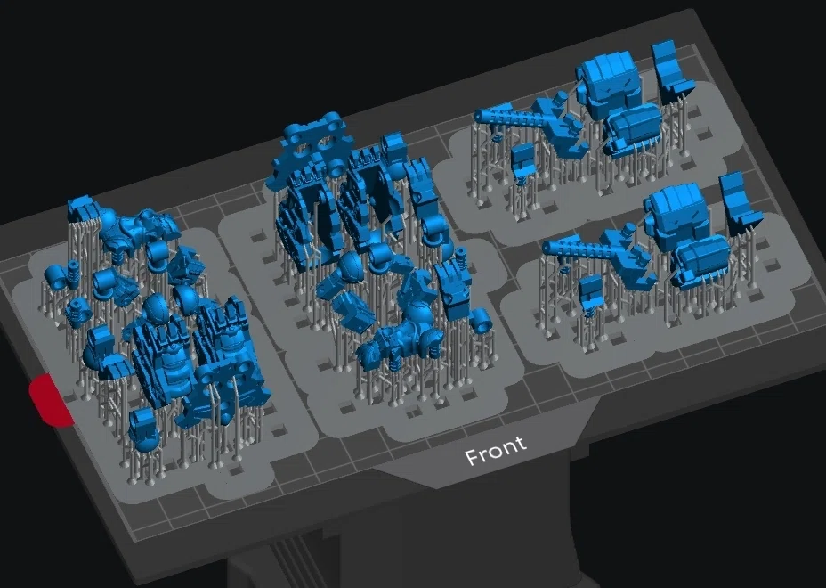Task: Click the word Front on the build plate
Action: (x=495, y=451)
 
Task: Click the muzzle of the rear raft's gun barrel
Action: (x=479, y=116)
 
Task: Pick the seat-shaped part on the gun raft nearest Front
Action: (x=740, y=202)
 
